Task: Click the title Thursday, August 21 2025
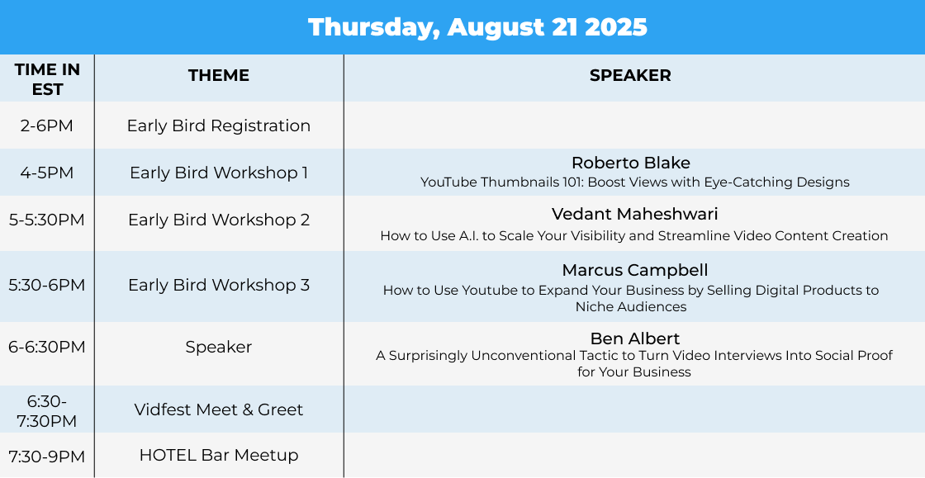tap(477, 28)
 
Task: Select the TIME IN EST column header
tap(47, 79)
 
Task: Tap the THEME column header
tap(219, 75)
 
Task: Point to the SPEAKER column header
tap(630, 75)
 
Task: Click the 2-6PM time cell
tap(46, 125)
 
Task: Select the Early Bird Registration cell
tap(219, 126)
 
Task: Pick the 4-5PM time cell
tap(46, 173)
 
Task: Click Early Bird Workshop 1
tap(219, 173)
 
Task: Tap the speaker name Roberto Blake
tap(631, 163)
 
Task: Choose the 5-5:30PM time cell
tap(46, 220)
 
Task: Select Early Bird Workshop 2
tap(219, 220)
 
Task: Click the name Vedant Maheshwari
tap(635, 213)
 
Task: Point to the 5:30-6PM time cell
tap(46, 286)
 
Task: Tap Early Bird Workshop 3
tap(219, 286)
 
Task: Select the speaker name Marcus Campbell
tap(635, 271)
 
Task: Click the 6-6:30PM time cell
tap(46, 348)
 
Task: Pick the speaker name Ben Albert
tap(635, 338)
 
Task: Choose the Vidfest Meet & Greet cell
tap(219, 409)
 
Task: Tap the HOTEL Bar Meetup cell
tap(219, 455)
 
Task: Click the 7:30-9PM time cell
tap(46, 457)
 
